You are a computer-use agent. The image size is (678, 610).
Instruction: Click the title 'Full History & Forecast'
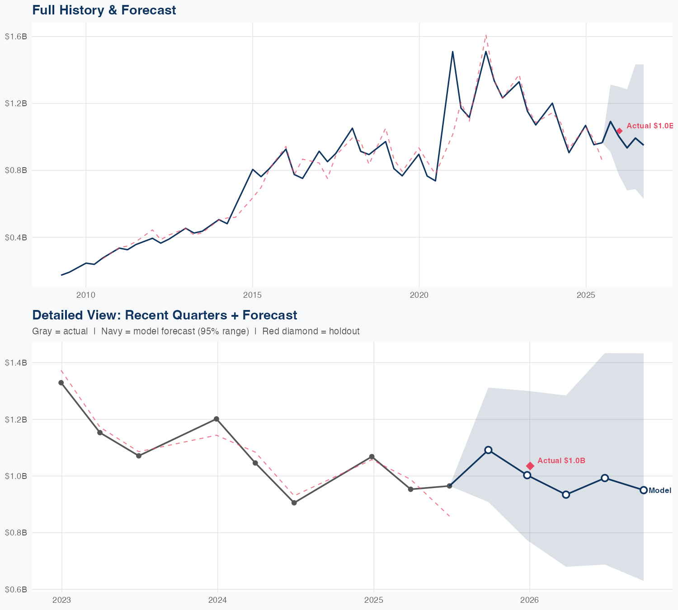pos(104,10)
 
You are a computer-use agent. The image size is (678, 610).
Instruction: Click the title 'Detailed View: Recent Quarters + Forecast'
pos(165,315)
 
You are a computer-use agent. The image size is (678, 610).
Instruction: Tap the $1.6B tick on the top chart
pos(16,37)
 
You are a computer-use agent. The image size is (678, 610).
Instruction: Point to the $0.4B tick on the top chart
pos(16,237)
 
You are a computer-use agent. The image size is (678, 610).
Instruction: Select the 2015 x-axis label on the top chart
pos(252,295)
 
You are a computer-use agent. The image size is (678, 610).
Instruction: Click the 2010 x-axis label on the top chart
pos(86,295)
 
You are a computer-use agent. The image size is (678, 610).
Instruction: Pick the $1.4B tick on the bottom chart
pos(16,362)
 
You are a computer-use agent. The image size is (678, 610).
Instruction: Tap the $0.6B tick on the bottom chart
pos(16,590)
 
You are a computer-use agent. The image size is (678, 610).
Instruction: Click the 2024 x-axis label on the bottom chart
pos(217,600)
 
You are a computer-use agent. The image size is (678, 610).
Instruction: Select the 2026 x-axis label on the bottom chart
pos(529,600)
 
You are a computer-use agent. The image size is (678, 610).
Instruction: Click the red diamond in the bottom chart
pos(530,466)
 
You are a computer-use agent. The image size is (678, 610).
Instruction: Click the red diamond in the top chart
pos(619,131)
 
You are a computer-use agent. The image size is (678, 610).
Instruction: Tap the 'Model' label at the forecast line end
pos(660,491)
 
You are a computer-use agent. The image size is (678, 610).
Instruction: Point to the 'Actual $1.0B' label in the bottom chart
pos(561,460)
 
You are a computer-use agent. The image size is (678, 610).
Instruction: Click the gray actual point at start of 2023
pos(61,383)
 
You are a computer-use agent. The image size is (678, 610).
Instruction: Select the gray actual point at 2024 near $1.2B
pos(217,419)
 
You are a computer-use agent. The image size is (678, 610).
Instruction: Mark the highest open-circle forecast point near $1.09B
pos(488,450)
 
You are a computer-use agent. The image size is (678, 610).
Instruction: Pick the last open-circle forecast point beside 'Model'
pos(644,490)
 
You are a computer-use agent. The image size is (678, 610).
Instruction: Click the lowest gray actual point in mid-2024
pos(294,502)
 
